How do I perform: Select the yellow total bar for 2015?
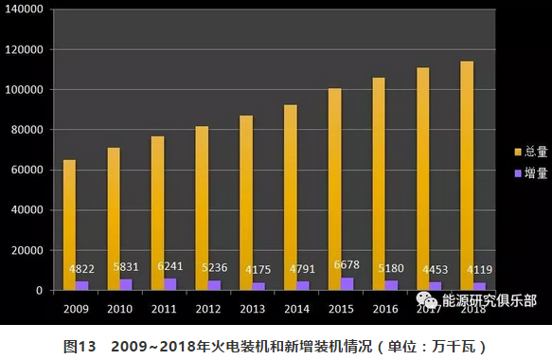pyautogui.click(x=334, y=189)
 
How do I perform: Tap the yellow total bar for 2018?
pyautogui.click(x=467, y=175)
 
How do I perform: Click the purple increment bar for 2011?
pyautogui.click(x=170, y=284)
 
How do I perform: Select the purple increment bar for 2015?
pyautogui.click(x=347, y=283)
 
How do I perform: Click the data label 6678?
pyautogui.click(x=347, y=265)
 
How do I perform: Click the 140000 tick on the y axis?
pyautogui.click(x=24, y=9)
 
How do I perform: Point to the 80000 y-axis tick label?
pyautogui.click(x=27, y=130)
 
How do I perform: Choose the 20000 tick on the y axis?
pyautogui.click(x=27, y=250)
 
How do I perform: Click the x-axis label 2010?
pyautogui.click(x=120, y=309)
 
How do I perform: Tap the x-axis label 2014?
pyautogui.click(x=297, y=309)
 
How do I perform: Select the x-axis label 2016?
pyautogui.click(x=385, y=309)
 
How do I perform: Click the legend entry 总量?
pyautogui.click(x=533, y=152)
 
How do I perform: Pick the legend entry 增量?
pyautogui.click(x=533, y=172)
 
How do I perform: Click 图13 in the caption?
pyautogui.click(x=80, y=346)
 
